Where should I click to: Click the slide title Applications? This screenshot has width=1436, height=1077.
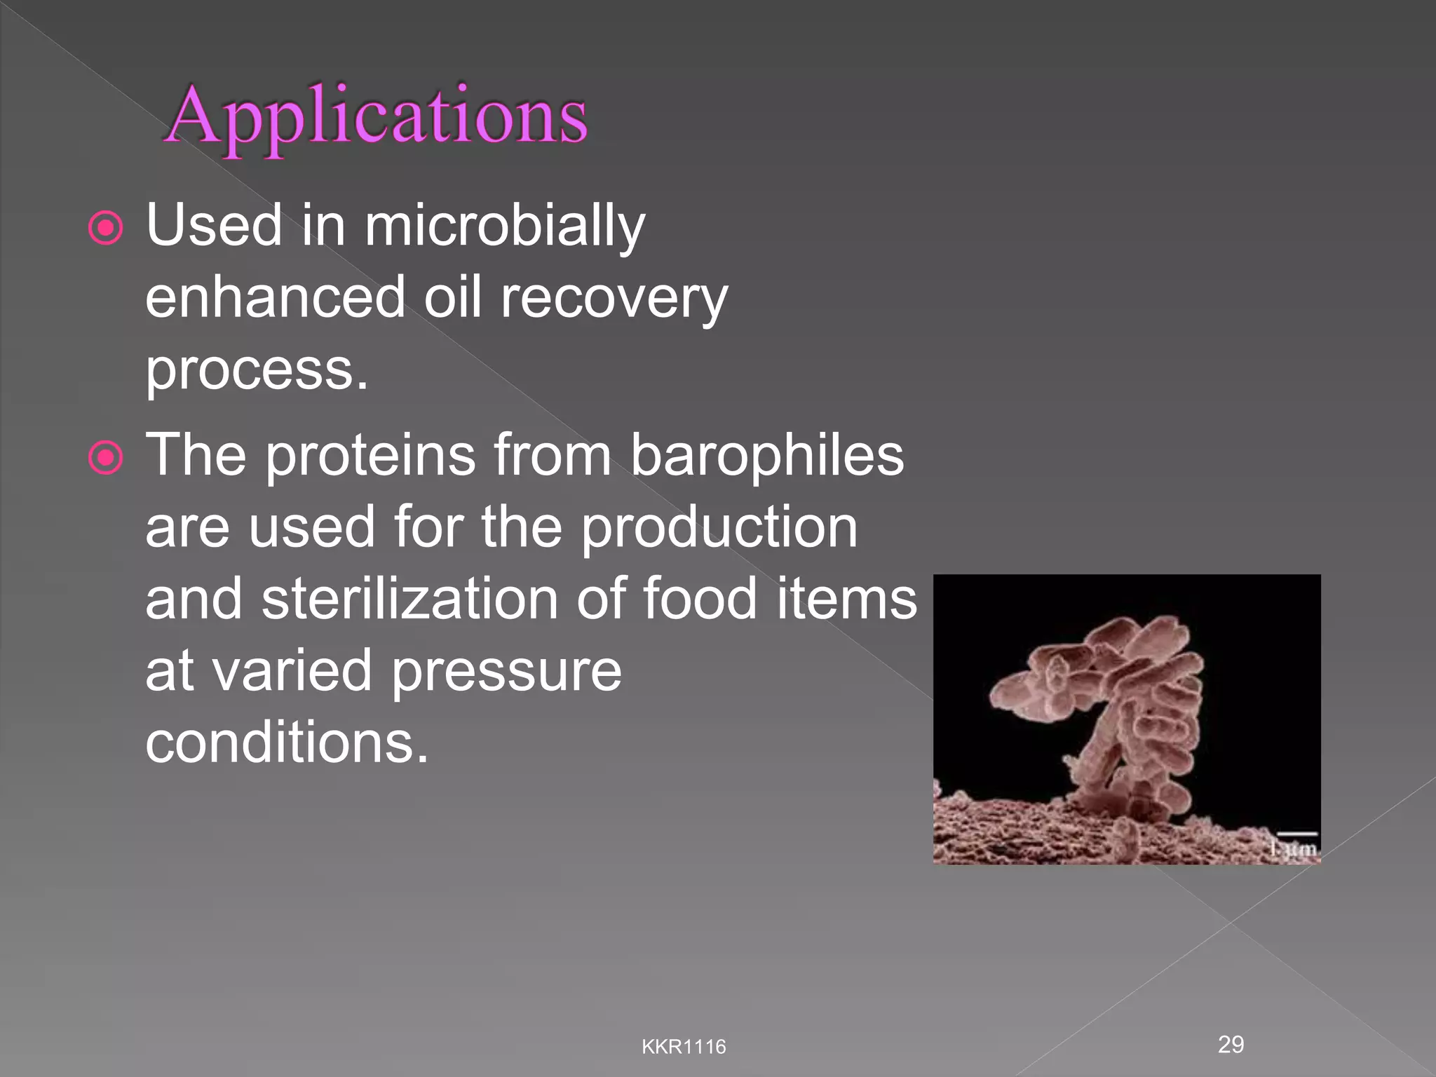click(x=377, y=116)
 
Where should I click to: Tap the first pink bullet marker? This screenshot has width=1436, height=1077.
click(x=106, y=228)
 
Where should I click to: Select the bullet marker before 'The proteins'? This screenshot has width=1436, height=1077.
click(x=106, y=458)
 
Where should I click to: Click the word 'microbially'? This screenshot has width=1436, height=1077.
click(x=504, y=226)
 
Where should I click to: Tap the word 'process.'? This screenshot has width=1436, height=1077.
click(x=257, y=370)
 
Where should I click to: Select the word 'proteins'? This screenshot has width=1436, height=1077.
click(x=370, y=456)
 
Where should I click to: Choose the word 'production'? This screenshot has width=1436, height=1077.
click(x=719, y=527)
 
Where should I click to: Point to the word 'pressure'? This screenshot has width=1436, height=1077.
click(x=506, y=671)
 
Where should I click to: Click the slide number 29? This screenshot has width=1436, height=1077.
click(x=1231, y=1044)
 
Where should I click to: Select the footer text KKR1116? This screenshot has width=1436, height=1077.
click(x=684, y=1047)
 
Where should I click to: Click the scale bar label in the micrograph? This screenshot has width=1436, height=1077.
click(x=1294, y=849)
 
